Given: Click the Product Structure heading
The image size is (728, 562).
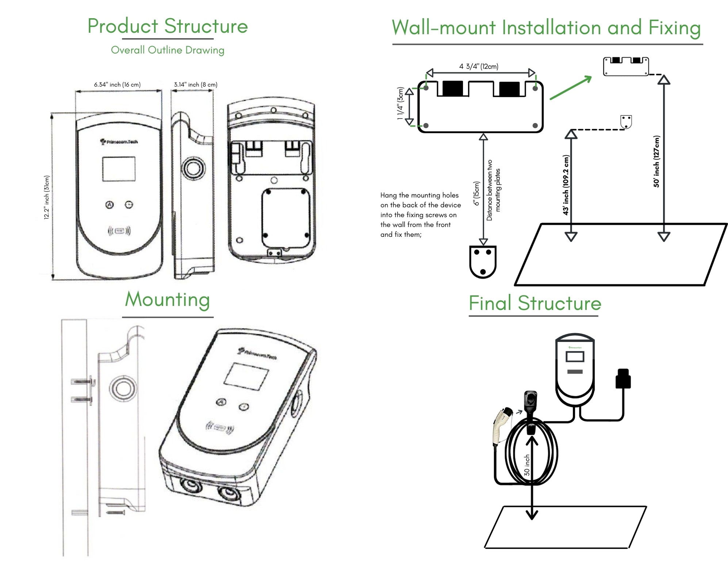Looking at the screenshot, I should (168, 26).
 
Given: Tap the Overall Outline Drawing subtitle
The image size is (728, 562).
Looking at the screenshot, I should (168, 50).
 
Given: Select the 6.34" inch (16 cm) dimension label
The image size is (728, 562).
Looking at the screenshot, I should (117, 85).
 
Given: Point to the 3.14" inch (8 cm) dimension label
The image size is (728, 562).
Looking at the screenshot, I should (195, 85).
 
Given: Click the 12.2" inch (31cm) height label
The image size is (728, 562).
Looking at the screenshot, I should (47, 197).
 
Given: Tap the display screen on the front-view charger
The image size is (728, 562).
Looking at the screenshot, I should (119, 169).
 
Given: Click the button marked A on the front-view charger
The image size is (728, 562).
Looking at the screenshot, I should (109, 205).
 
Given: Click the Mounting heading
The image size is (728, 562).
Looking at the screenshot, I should (168, 300).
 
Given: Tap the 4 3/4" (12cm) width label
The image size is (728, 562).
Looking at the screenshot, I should (479, 66).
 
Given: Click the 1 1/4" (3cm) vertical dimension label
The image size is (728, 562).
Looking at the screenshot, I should (401, 103).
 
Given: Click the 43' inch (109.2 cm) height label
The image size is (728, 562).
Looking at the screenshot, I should (566, 185).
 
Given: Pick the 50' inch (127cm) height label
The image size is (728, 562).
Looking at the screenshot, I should (656, 161).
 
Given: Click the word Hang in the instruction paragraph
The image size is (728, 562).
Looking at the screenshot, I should (388, 195).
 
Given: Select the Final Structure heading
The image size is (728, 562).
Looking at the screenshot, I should (535, 303).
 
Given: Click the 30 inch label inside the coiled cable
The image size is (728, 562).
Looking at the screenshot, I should (527, 465).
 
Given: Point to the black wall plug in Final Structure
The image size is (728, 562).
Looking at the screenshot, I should (623, 379).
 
